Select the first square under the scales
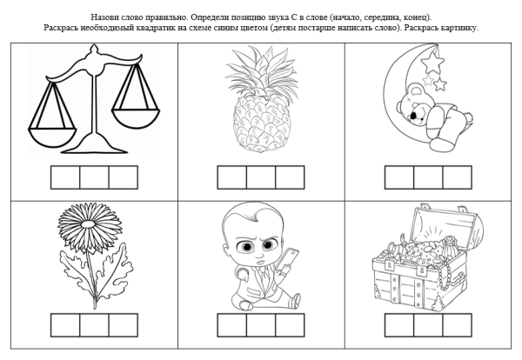click(65, 177)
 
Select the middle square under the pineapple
click(261, 177)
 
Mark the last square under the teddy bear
click(456, 177)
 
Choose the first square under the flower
click(65, 324)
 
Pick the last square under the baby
click(290, 324)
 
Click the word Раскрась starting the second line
click(62, 28)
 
